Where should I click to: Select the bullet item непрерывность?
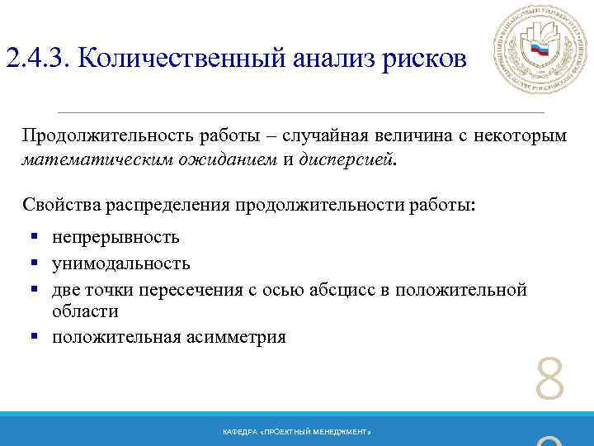click(115, 238)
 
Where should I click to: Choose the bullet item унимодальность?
click(120, 263)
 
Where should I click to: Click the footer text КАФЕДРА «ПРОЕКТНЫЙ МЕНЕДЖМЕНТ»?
click(297, 433)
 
